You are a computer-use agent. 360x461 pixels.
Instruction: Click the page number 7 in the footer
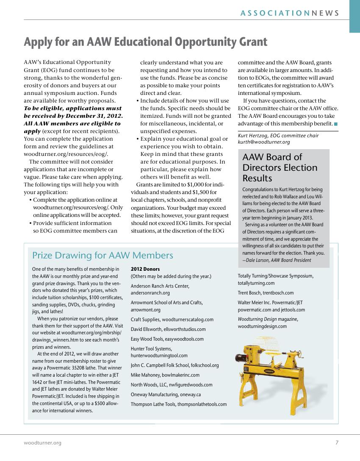tap(337, 443)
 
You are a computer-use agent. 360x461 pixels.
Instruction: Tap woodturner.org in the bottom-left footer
tap(42, 443)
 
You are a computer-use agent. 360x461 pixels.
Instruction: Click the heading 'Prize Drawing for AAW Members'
tap(102, 255)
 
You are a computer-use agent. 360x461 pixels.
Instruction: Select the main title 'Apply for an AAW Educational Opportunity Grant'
tap(145, 42)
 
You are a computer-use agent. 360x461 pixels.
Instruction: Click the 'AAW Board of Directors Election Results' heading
tap(280, 167)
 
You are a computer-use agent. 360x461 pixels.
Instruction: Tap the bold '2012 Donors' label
tap(145, 269)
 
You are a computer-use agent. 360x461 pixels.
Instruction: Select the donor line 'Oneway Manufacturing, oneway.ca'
tap(166, 394)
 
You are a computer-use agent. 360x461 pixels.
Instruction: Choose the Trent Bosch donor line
tap(266, 293)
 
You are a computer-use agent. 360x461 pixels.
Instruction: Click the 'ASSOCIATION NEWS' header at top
tap(290, 13)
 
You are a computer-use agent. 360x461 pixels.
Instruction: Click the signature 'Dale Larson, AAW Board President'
tap(278, 260)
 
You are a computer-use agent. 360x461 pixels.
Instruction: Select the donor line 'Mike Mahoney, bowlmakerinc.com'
tap(165, 375)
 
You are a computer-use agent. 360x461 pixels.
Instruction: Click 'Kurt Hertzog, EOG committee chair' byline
tap(278, 136)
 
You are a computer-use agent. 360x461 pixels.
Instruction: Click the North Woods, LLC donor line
tap(172, 385)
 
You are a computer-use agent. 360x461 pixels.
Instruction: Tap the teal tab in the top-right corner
tap(354, 16)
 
